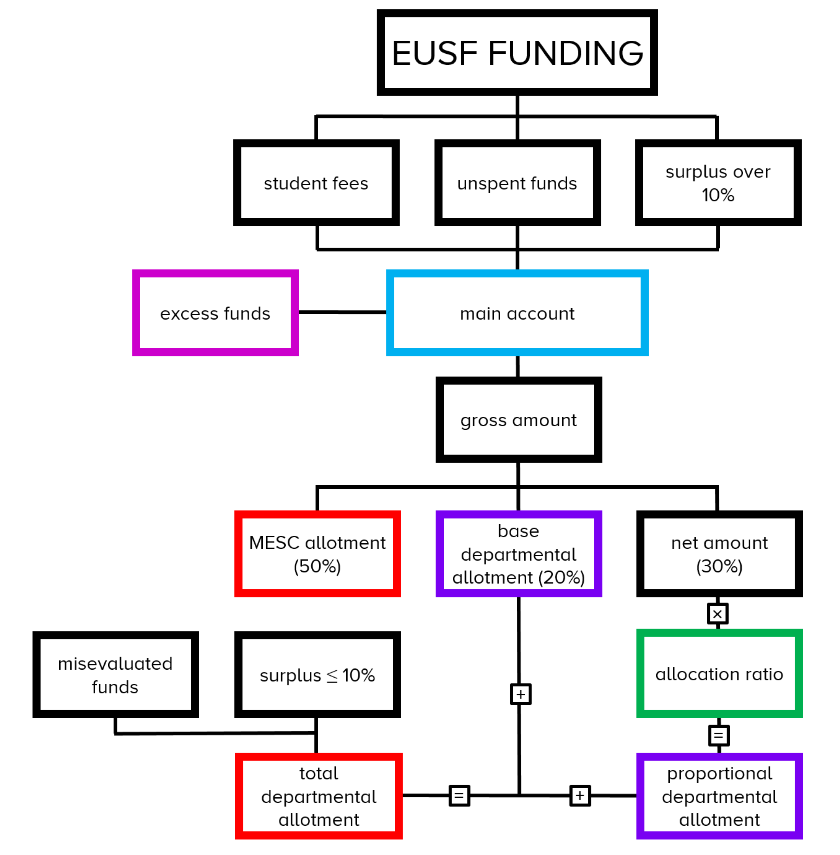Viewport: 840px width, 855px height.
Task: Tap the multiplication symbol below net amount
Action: click(x=718, y=614)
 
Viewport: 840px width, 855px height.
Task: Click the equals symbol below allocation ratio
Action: click(x=719, y=735)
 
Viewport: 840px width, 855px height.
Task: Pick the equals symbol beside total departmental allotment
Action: click(x=459, y=795)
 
